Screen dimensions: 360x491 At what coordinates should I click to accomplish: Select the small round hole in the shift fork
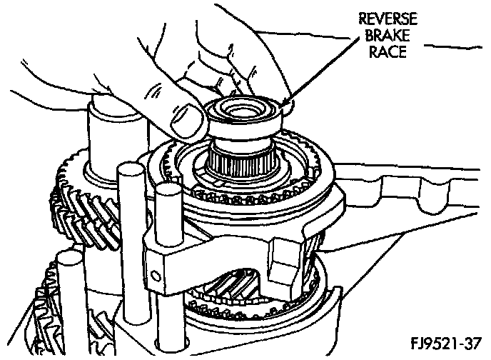coord(153,270)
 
